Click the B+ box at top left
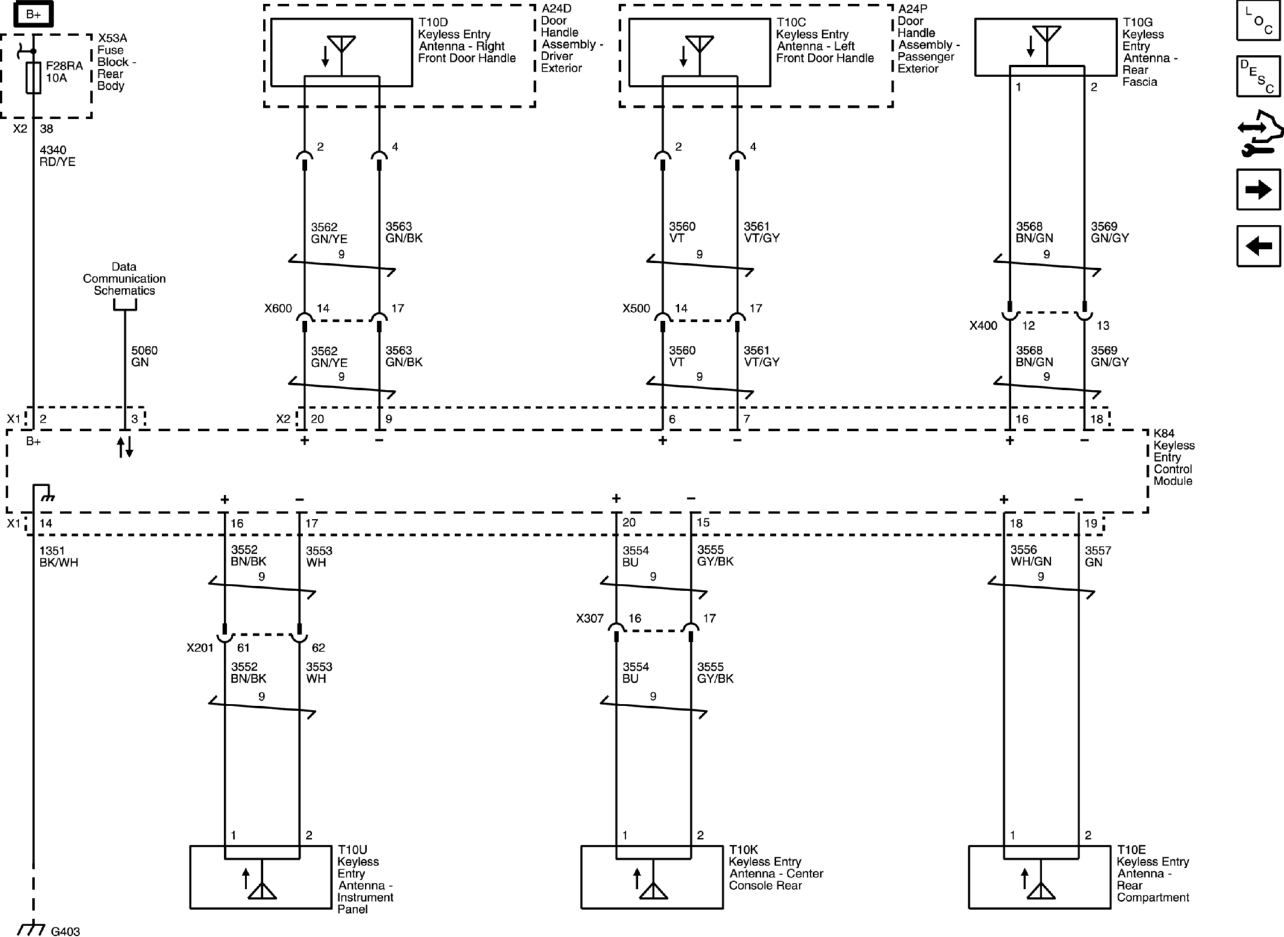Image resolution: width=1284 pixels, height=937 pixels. tap(33, 14)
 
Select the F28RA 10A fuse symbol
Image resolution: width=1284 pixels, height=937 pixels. tap(34, 77)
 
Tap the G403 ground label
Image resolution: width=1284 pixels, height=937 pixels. tap(65, 932)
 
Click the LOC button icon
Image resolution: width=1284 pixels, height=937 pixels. tap(1258, 21)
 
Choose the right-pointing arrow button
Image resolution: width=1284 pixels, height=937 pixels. tap(1258, 190)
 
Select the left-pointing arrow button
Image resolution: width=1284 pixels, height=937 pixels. tap(1258, 246)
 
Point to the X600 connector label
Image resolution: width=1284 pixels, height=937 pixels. tap(278, 309)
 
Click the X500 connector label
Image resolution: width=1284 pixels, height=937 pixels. tap(636, 309)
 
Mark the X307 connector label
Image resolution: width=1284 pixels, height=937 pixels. tap(589, 618)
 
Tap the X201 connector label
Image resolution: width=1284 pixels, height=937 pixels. tap(200, 648)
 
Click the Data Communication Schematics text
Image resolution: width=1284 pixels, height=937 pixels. tap(124, 278)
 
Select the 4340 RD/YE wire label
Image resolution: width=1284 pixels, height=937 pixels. tap(57, 155)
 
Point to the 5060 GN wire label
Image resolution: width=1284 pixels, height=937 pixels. tap(144, 356)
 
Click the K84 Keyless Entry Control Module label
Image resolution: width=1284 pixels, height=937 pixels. tap(1172, 457)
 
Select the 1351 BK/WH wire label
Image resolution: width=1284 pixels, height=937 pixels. tap(58, 556)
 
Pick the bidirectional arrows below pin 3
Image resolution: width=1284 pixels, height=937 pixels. tap(125, 447)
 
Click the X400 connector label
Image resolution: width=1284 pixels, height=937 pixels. tap(983, 326)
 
